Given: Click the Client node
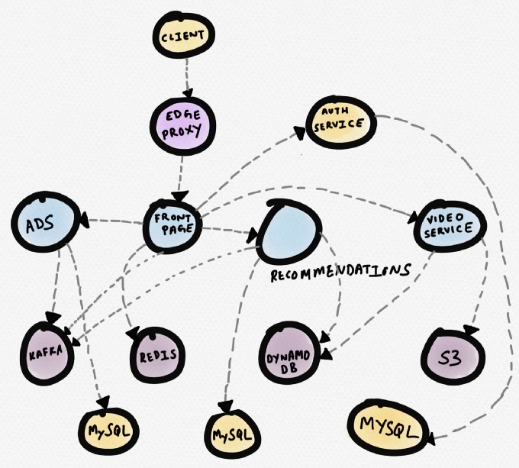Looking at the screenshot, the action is pyautogui.click(x=184, y=35).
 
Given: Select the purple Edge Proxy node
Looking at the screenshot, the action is pyautogui.click(x=182, y=126).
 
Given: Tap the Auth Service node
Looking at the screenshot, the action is pyautogui.click(x=341, y=122).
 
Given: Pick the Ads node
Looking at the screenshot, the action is pyautogui.click(x=46, y=222).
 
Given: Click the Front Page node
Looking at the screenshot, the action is pyautogui.click(x=172, y=226).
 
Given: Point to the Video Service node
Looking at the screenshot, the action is pyautogui.click(x=450, y=226).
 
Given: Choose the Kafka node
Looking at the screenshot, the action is pyautogui.click(x=47, y=353).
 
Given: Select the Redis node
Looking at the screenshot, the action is pyautogui.click(x=157, y=355).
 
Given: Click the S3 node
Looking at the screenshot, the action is pyautogui.click(x=453, y=357).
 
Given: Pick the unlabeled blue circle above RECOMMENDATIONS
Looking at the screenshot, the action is pyautogui.click(x=289, y=231).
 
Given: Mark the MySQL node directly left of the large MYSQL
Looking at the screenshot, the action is pyautogui.click(x=233, y=434).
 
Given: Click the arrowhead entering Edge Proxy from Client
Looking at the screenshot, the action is pyautogui.click(x=188, y=93).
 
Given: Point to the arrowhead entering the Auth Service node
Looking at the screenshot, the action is pyautogui.click(x=300, y=133).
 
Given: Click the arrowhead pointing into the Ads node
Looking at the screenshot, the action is pyautogui.click(x=85, y=219).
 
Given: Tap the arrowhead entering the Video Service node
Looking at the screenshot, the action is pyautogui.click(x=413, y=218).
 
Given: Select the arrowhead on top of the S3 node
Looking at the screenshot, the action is pyautogui.click(x=472, y=331).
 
